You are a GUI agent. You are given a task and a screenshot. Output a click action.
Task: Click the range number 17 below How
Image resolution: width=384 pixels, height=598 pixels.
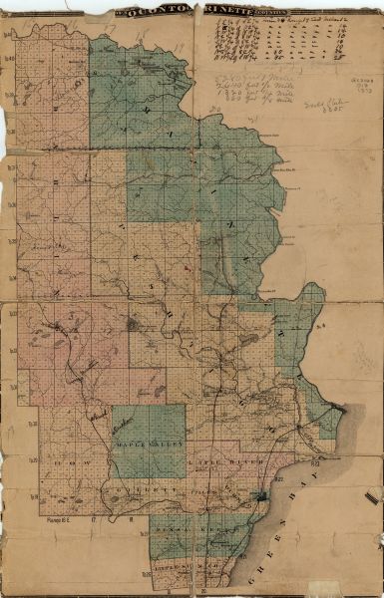tap(95, 519)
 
